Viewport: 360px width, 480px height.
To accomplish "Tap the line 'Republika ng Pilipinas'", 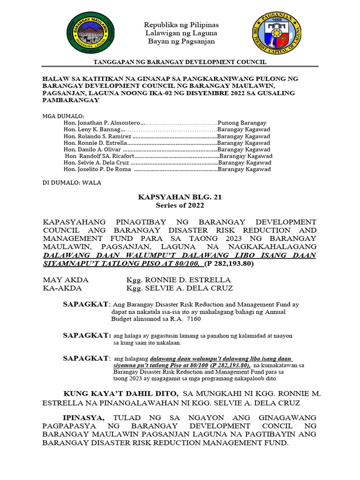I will point(181,24).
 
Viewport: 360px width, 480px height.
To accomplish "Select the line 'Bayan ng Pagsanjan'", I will point(181,41).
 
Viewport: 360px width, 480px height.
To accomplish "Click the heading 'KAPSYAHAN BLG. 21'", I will point(180,197).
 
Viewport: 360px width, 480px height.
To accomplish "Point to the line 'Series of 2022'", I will point(180,205).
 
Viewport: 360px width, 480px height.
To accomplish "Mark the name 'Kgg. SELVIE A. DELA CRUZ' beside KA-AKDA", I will point(180,288).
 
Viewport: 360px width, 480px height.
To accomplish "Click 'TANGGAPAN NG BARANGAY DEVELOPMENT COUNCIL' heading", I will point(180,62).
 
